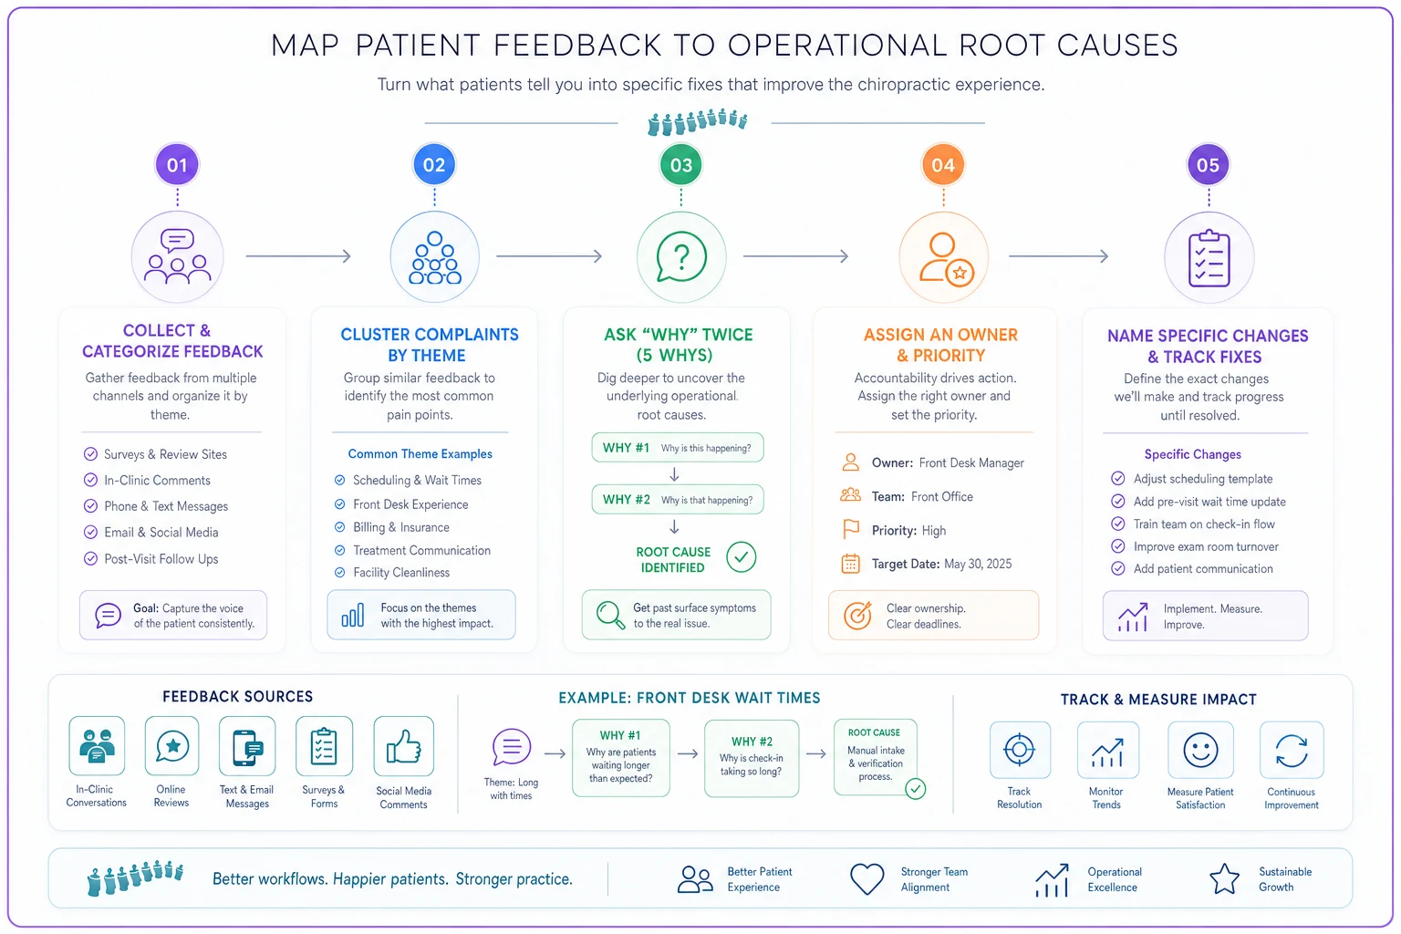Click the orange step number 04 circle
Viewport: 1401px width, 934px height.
pyautogui.click(x=942, y=164)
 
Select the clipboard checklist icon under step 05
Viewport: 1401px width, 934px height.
pyautogui.click(x=1209, y=258)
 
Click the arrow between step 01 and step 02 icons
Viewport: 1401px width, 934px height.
pyautogui.click(x=298, y=256)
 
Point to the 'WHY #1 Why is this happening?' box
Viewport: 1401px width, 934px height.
pyautogui.click(x=678, y=448)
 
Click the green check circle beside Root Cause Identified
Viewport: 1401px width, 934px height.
pyautogui.click(x=742, y=556)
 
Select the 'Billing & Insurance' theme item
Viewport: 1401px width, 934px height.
pyautogui.click(x=401, y=527)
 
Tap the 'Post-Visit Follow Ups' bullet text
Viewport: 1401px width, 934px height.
pyautogui.click(x=161, y=558)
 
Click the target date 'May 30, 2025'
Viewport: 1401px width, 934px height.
pyautogui.click(x=978, y=564)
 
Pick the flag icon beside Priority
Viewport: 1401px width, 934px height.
pyautogui.click(x=851, y=529)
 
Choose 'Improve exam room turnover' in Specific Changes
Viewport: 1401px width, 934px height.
pyautogui.click(x=1206, y=546)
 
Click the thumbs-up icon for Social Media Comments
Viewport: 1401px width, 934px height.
pyautogui.click(x=403, y=746)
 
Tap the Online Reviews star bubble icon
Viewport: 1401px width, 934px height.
pyautogui.click(x=172, y=747)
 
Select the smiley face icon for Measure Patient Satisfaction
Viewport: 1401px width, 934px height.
pyautogui.click(x=1200, y=750)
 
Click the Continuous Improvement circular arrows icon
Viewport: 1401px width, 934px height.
pyautogui.click(x=1292, y=750)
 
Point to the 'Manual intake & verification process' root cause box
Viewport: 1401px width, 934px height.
pyautogui.click(x=876, y=757)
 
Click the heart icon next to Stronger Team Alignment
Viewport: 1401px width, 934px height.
pyautogui.click(x=867, y=879)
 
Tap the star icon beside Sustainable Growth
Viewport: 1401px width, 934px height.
pyautogui.click(x=1224, y=879)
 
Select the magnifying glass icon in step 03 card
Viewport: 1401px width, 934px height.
pyautogui.click(x=610, y=615)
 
